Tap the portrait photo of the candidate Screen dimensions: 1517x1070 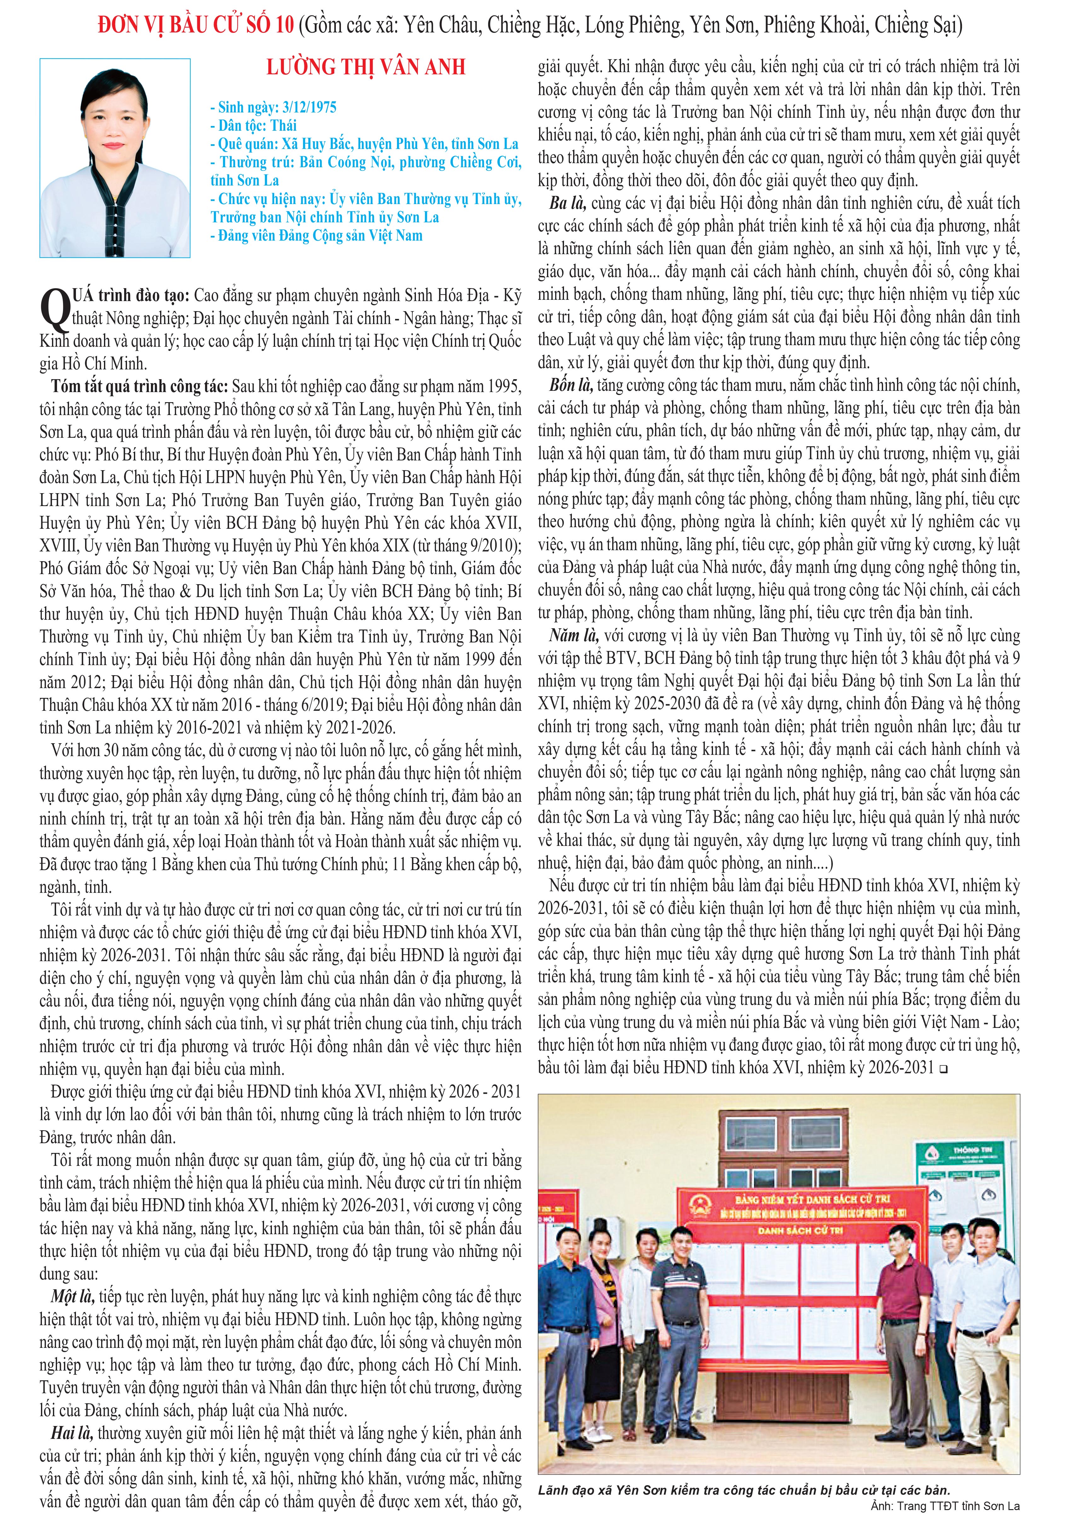(x=115, y=158)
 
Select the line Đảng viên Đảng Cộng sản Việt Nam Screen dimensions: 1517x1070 (x=316, y=235)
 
